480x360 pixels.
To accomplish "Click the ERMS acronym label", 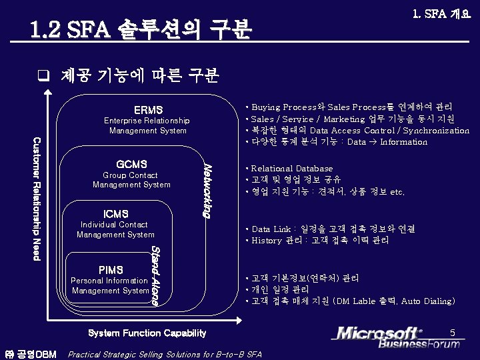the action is coord(148,109).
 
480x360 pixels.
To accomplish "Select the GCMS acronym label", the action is coord(131,164).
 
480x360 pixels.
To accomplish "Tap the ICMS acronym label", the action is coord(115,214).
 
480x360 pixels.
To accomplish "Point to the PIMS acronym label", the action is coord(111,270).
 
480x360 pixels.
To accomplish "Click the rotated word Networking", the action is coord(207,190).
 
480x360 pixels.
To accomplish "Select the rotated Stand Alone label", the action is coord(155,275).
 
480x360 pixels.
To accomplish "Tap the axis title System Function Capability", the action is coord(147,333).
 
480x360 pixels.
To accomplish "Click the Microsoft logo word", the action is coord(378,333).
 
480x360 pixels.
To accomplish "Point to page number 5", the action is coord(452,332).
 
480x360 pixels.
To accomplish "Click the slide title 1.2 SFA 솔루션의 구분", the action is coord(141,29).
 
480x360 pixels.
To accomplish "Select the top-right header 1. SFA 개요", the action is coord(441,13).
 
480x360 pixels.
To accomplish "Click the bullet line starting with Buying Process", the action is coord(349,107).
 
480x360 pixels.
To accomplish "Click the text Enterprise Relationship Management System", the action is coord(147,125).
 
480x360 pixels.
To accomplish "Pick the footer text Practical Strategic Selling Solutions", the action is coord(165,354).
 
